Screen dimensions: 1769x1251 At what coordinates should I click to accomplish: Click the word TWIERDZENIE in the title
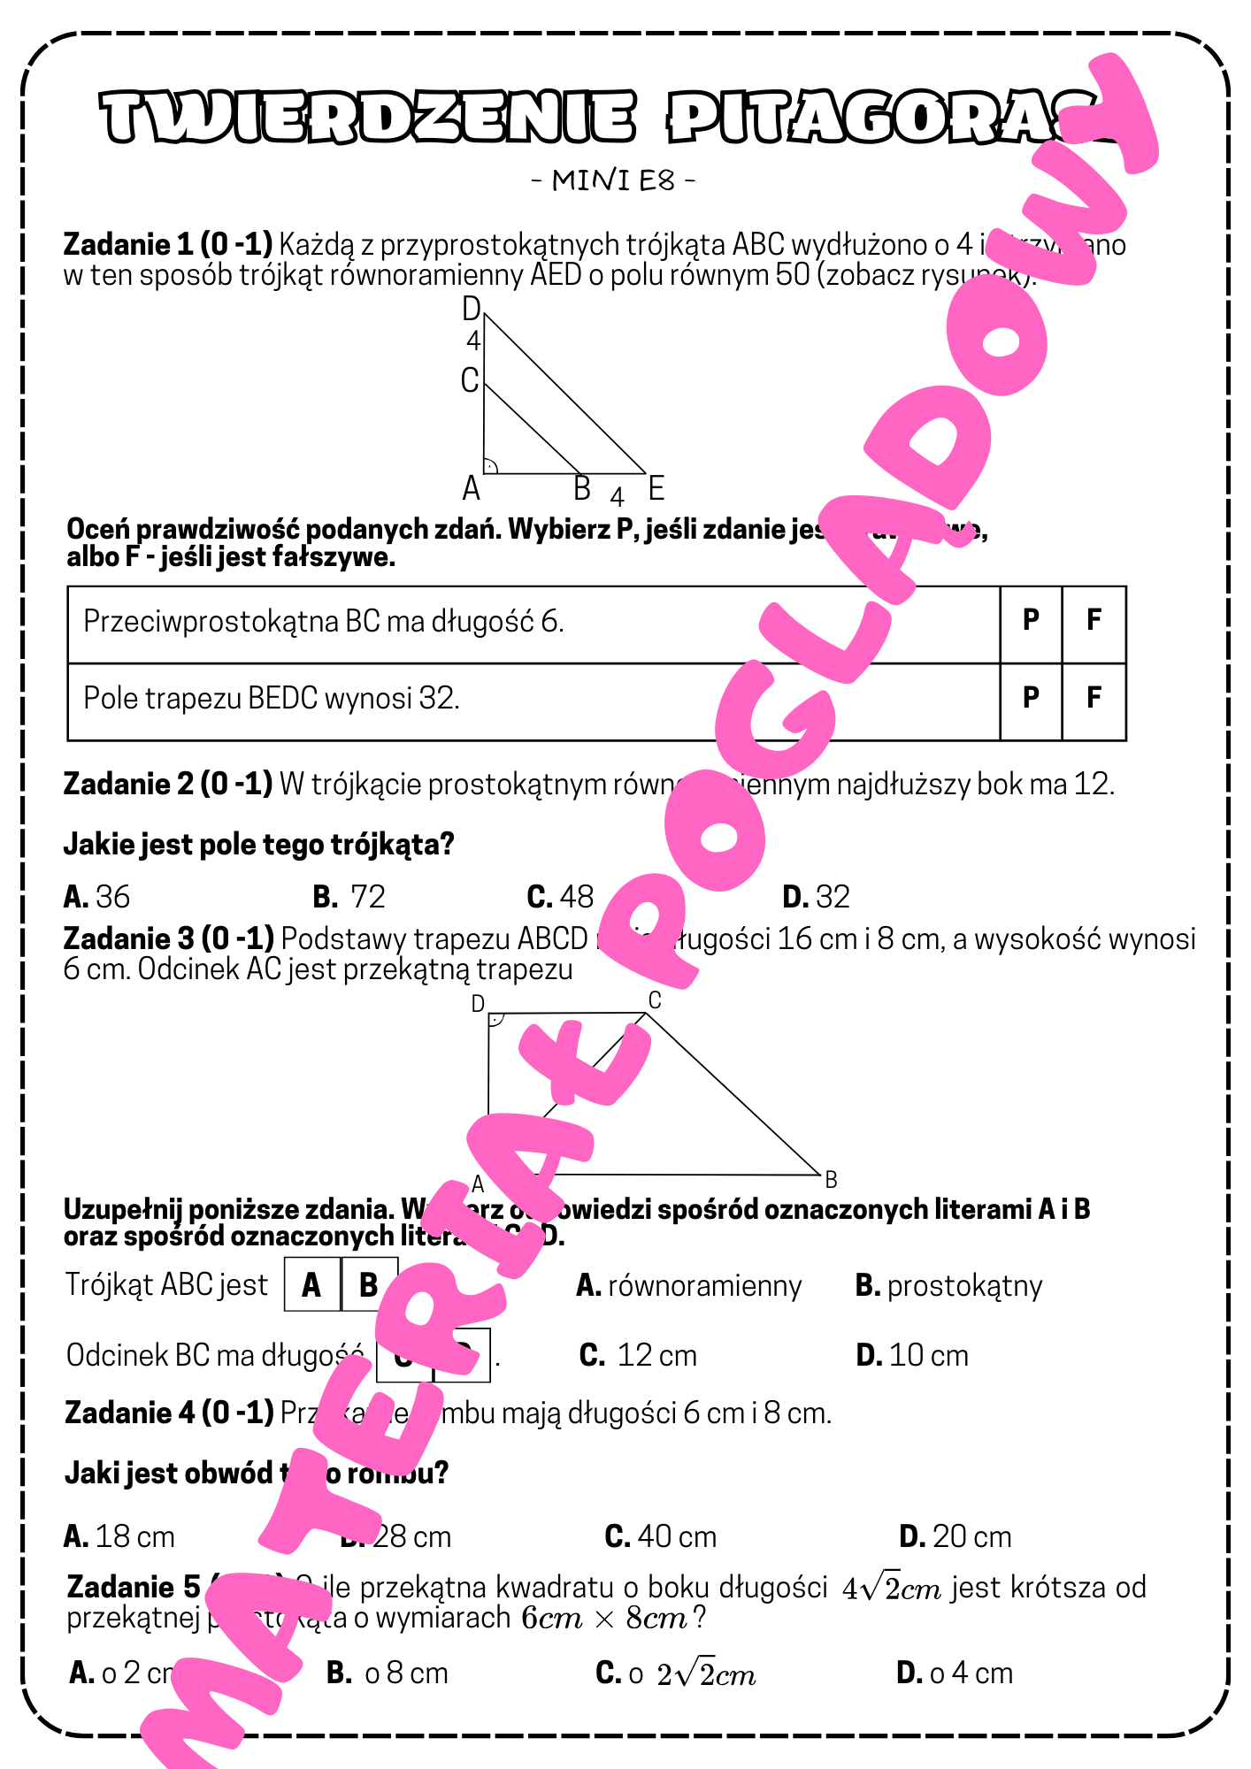click(367, 118)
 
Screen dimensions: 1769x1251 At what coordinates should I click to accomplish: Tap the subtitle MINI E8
click(613, 180)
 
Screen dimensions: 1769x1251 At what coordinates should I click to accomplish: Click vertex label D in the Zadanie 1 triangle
click(472, 309)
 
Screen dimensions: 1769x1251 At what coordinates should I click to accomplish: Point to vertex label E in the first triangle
click(656, 487)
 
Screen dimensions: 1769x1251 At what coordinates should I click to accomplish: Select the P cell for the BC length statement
click(1031, 621)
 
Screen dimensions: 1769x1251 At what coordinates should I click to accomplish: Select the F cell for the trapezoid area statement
click(1094, 698)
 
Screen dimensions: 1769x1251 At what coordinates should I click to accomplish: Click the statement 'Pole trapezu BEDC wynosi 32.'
click(272, 699)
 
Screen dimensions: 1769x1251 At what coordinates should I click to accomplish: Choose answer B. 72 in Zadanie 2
click(349, 897)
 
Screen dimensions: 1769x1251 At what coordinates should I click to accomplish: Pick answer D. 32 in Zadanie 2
click(816, 897)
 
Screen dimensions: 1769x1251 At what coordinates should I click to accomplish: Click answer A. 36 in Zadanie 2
click(97, 897)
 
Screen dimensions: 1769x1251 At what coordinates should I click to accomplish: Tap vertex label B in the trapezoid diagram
click(831, 1180)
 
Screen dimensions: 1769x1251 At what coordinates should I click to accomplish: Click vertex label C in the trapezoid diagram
click(655, 1000)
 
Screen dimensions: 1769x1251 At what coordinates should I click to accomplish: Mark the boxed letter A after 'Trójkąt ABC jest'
click(311, 1285)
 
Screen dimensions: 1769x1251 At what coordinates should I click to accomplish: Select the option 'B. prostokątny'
click(948, 1286)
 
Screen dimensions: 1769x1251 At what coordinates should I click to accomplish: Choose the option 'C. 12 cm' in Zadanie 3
click(638, 1355)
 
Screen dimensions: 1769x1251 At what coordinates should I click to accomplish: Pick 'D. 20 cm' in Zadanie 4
click(955, 1537)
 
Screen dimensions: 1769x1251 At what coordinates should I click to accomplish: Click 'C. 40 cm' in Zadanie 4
click(660, 1537)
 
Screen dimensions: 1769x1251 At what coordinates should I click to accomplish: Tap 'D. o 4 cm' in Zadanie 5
click(954, 1673)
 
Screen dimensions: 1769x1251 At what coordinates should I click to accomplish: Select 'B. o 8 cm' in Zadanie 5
click(388, 1673)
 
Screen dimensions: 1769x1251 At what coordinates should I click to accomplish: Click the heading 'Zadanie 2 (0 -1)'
click(168, 784)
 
